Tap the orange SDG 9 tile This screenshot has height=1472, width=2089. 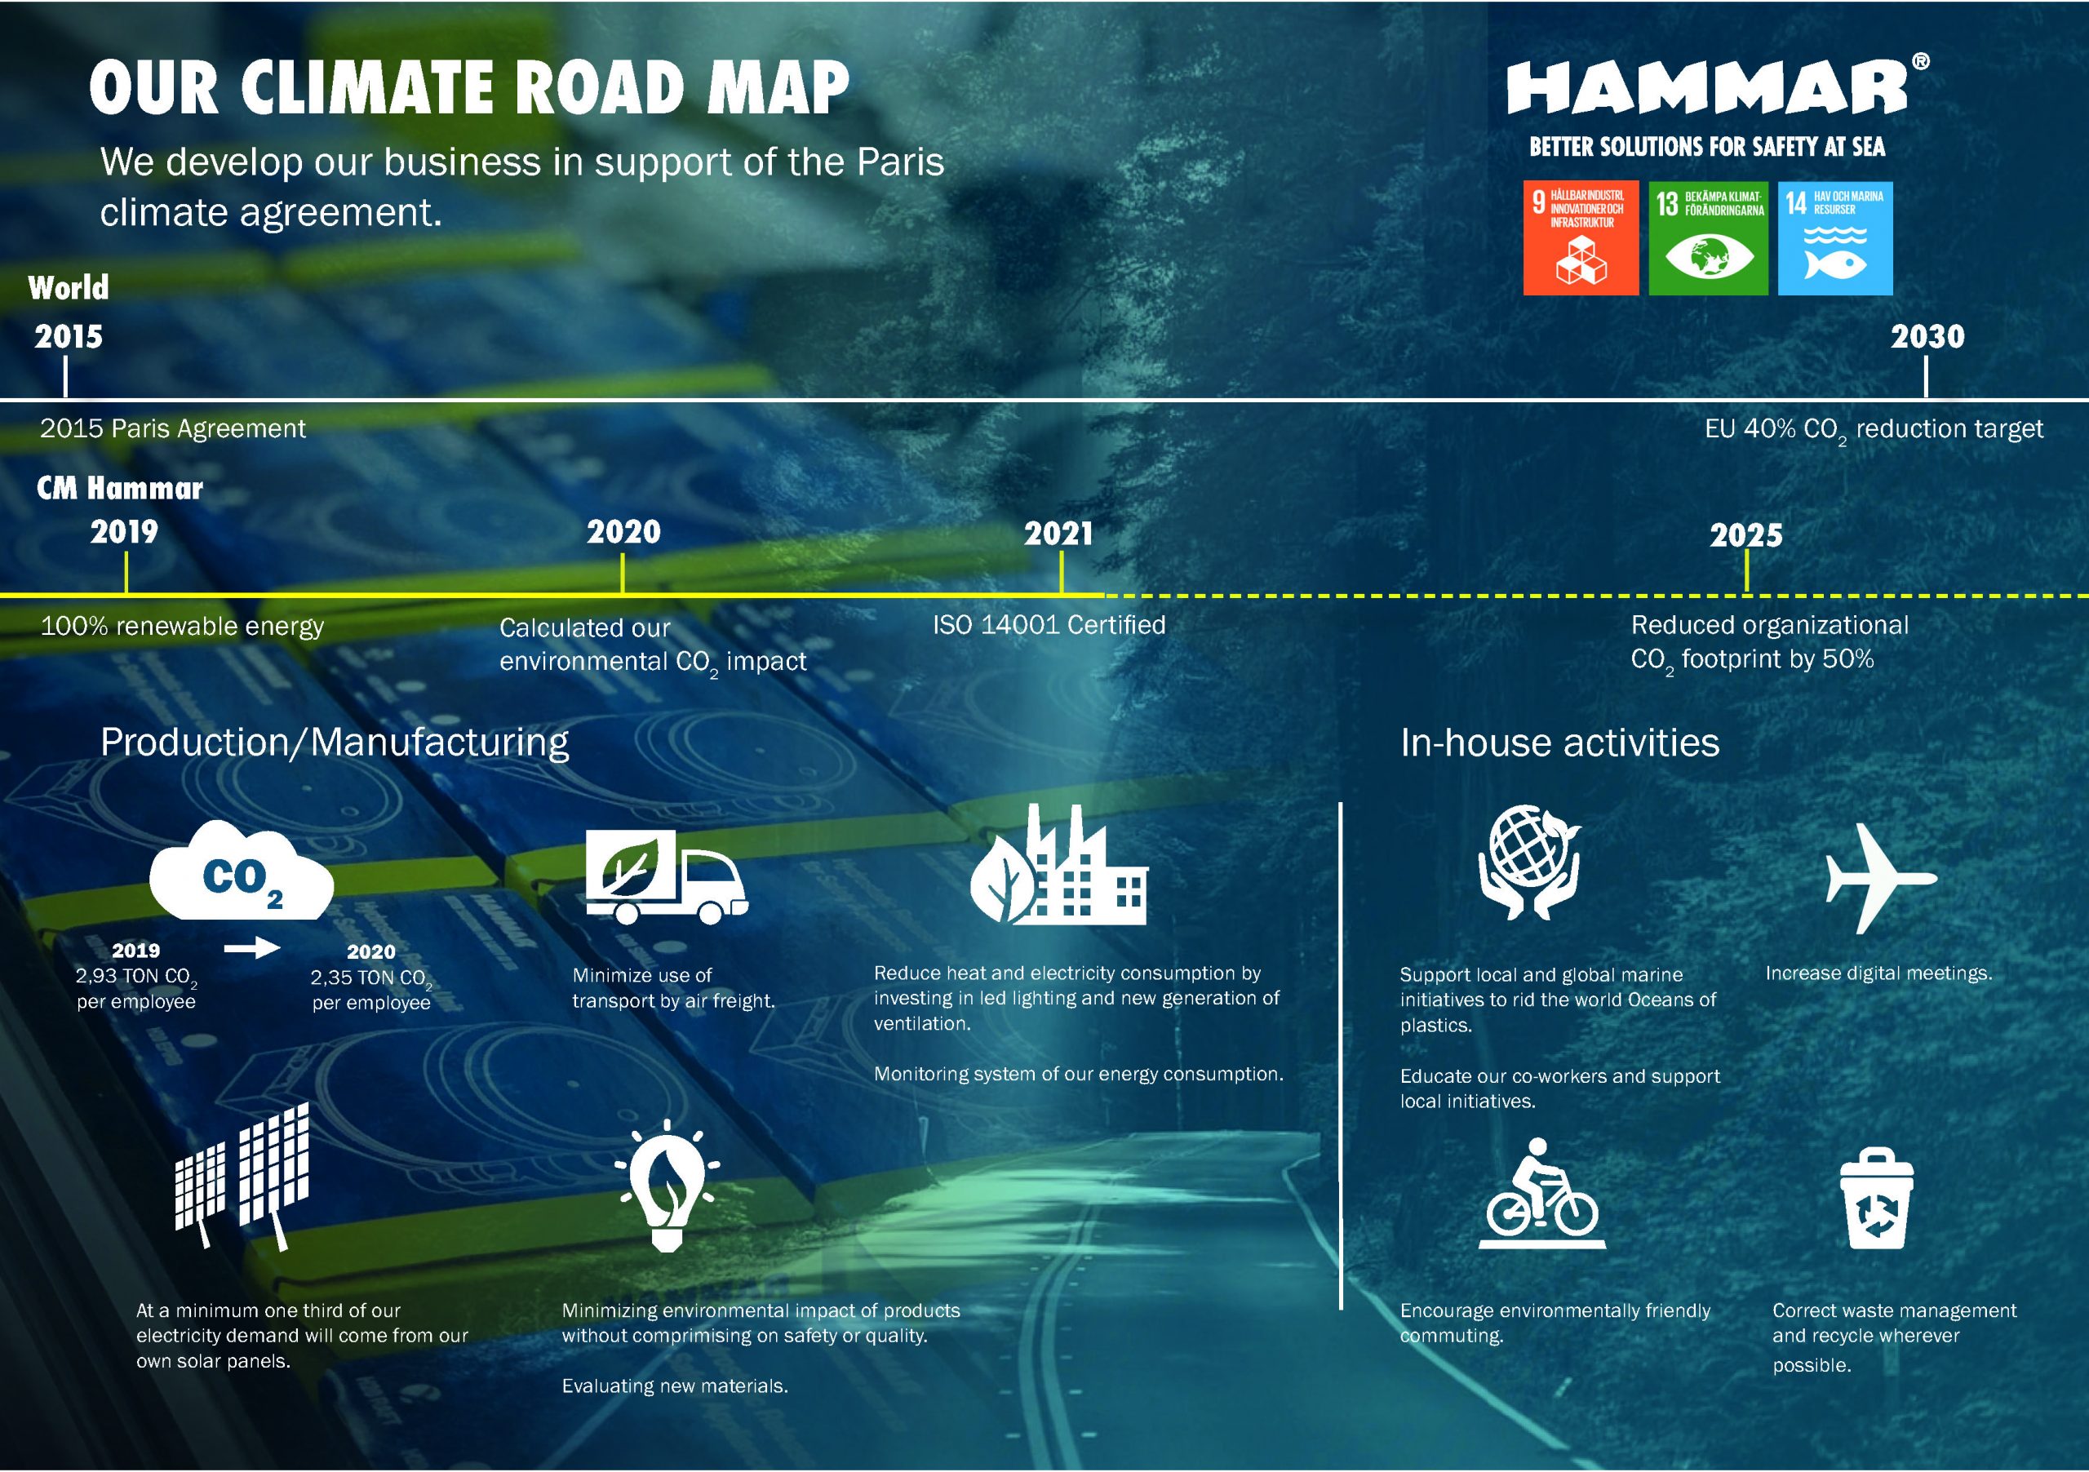1581,237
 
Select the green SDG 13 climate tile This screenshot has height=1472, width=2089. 1708,237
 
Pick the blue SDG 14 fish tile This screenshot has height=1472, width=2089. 1834,237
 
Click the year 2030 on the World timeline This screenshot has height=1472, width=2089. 1927,337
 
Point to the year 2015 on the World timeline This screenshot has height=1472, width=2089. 69,337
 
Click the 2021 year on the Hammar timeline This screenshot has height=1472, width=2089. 1058,533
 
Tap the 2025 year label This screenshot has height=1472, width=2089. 1745,535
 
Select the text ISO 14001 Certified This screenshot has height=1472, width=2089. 1048,625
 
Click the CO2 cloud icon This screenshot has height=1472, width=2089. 241,873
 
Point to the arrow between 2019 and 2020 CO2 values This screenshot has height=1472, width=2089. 252,949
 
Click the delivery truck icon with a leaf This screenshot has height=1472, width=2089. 665,877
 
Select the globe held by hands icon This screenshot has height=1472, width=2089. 1529,862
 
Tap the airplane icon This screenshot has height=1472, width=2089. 1878,878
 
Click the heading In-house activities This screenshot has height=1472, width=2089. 1559,743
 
